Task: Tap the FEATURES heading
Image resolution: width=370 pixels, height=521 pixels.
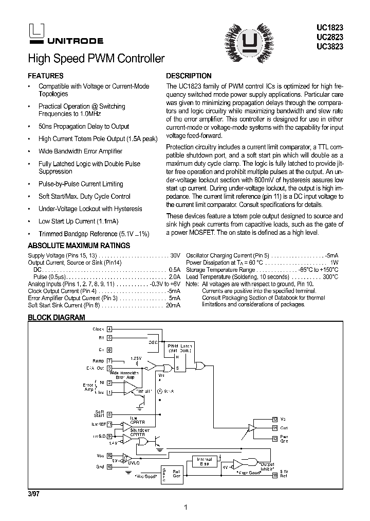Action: (x=46, y=76)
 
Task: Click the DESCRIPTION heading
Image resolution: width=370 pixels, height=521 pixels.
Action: (x=189, y=76)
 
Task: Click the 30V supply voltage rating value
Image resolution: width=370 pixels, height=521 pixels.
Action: (x=175, y=255)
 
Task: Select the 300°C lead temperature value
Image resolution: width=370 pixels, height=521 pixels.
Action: (x=330, y=276)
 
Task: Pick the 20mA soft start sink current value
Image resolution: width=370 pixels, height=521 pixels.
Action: (x=173, y=305)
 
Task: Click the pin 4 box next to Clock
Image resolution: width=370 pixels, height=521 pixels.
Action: (x=109, y=329)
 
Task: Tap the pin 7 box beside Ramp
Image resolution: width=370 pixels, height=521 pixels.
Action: (x=109, y=361)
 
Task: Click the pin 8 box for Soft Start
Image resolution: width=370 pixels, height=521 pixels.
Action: (x=109, y=414)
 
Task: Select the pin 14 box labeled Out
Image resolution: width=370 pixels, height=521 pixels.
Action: (x=275, y=428)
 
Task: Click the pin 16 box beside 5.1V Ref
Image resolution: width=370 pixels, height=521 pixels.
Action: (x=275, y=475)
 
